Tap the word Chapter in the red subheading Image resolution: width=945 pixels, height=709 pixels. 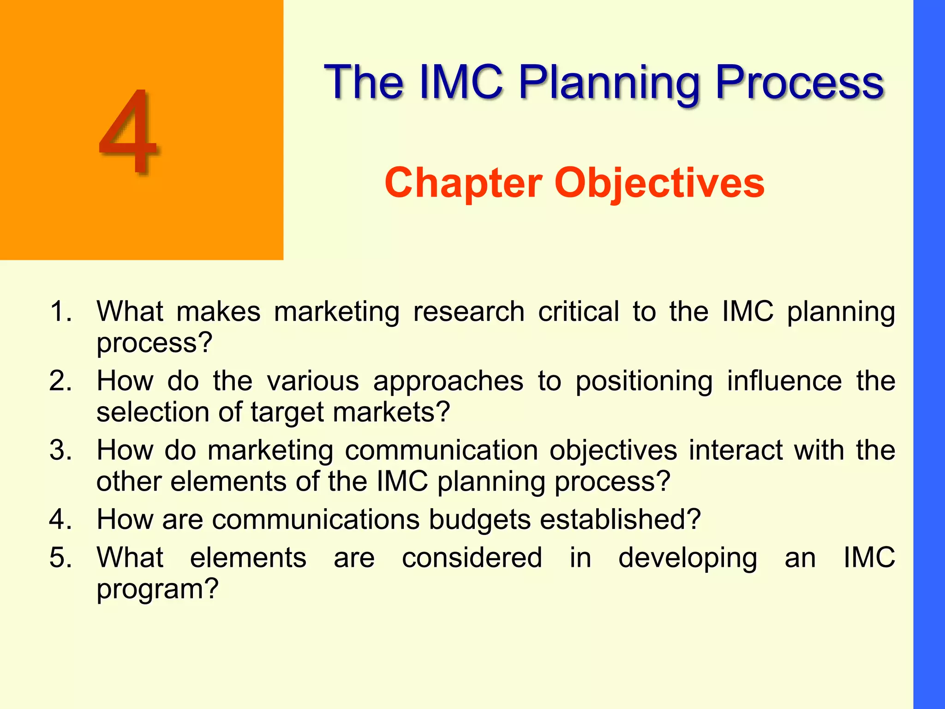(x=463, y=183)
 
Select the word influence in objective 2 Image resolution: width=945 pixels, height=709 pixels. (x=784, y=381)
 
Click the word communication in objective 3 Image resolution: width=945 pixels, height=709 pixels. (x=441, y=450)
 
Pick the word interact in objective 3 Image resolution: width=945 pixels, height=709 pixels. (x=736, y=450)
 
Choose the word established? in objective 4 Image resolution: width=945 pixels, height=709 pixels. (x=620, y=519)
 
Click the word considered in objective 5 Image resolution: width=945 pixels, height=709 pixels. (x=472, y=557)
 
